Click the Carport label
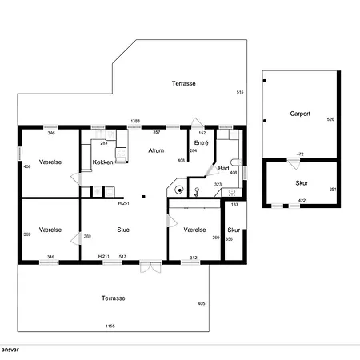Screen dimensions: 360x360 pos(300,114)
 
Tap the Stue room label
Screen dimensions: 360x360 pos(123,230)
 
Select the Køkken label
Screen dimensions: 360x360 pos(102,162)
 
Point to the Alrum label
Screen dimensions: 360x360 pos(156,150)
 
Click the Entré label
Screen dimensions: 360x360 pos(201,143)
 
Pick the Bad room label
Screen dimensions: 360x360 pos(223,168)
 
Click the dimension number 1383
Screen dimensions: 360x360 pos(135,121)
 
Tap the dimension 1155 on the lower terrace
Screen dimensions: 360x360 pos(110,326)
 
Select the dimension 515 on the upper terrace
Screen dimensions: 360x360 pos(240,92)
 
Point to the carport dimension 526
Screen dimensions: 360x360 pos(330,119)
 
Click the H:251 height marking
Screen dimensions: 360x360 pos(124,203)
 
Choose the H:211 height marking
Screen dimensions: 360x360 pos(104,257)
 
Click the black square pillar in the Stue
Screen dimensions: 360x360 pos(143,197)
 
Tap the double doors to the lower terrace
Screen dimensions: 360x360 pos(150,267)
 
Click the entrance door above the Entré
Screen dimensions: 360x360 pos(198,123)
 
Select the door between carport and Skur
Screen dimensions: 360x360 pos(294,163)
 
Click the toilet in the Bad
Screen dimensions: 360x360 pos(235,162)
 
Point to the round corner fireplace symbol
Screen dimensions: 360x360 pos(179,190)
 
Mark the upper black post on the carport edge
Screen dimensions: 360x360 pos(265,81)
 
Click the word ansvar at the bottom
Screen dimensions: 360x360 pos(10,350)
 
